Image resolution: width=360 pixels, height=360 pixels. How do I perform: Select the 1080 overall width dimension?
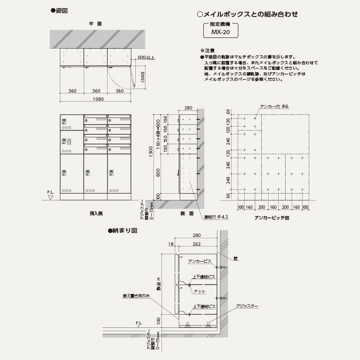point(95,99)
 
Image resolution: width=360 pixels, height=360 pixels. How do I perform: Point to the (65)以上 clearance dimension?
point(146,58)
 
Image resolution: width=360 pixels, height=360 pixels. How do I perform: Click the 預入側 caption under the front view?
point(95,213)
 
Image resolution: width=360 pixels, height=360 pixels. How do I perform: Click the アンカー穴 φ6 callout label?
point(274,106)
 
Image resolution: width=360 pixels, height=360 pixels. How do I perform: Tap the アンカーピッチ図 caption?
point(272,218)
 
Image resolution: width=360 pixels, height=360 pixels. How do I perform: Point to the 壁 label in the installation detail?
point(235,259)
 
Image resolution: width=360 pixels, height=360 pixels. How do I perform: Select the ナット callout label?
point(199,291)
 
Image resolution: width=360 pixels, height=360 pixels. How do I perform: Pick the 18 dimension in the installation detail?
point(170,245)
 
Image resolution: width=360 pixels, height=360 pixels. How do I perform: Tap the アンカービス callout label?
point(199,261)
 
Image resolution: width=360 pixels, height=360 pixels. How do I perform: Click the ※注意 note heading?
point(208,51)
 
